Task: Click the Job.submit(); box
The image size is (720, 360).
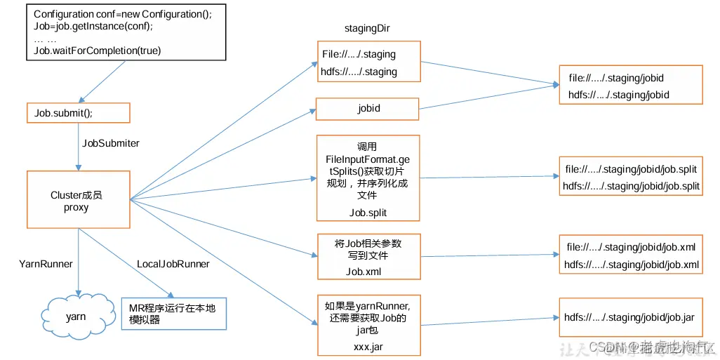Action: (x=78, y=113)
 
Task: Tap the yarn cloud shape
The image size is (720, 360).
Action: (x=76, y=316)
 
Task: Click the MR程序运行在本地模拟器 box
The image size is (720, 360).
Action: (x=174, y=313)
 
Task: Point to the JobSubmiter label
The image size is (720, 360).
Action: (x=111, y=143)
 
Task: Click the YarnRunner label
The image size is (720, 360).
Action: (x=46, y=265)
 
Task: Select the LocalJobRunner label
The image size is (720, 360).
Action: (x=173, y=265)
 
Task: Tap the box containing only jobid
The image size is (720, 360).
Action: (x=368, y=109)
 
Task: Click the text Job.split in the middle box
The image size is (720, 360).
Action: (x=368, y=212)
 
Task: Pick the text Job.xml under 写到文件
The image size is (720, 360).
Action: (x=365, y=272)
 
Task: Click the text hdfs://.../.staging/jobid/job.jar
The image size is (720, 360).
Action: (x=629, y=317)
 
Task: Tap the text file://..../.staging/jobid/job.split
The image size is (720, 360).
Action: (x=632, y=170)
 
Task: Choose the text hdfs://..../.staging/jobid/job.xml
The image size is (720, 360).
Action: (x=632, y=265)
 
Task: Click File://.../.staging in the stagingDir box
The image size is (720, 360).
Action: (x=359, y=54)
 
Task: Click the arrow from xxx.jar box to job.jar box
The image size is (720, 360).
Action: (x=489, y=321)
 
